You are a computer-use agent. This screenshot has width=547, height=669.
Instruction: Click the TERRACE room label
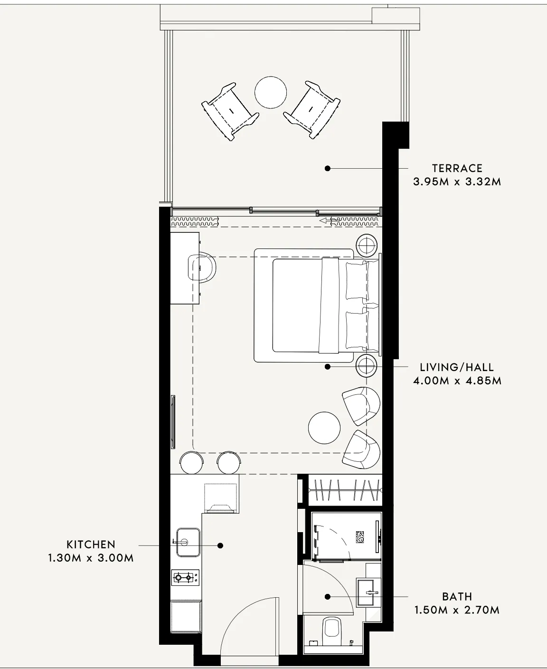(x=457, y=168)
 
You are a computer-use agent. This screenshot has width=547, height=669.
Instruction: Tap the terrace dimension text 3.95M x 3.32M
(x=457, y=182)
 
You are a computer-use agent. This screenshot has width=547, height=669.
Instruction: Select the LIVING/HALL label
(x=457, y=367)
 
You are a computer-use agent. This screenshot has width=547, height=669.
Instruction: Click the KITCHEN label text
(x=91, y=545)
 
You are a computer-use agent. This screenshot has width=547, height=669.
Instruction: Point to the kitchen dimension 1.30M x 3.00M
(x=91, y=558)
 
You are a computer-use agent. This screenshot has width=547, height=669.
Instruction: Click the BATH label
(x=457, y=597)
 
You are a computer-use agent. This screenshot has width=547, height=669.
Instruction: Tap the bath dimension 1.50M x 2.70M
(x=457, y=610)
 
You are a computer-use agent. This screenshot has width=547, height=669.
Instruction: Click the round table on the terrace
(x=271, y=92)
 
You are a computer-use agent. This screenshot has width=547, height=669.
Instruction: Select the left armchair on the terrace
(x=231, y=112)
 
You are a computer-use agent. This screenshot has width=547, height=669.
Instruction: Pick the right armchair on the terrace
(x=311, y=110)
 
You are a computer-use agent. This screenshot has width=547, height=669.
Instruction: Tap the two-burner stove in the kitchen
(x=186, y=578)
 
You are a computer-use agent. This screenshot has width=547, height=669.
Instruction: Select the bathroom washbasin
(x=368, y=593)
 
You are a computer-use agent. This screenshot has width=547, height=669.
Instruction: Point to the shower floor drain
(x=360, y=538)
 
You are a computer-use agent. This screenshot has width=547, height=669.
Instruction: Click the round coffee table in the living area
(x=324, y=428)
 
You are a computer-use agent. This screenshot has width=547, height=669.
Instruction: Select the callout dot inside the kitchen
(x=220, y=545)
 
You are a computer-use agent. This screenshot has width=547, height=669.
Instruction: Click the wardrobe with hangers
(x=345, y=490)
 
